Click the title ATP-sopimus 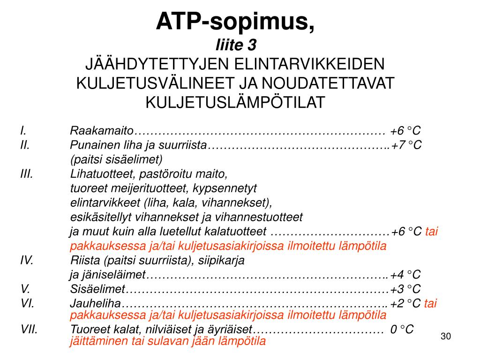(x=235, y=21)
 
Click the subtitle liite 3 (x=236, y=45)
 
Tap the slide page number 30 (x=445, y=337)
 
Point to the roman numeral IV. (x=27, y=260)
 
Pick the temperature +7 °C (x=406, y=145)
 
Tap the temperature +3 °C (x=405, y=289)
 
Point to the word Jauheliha (x=96, y=303)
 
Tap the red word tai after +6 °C (x=432, y=232)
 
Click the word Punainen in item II (x=91, y=145)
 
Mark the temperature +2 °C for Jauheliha (x=405, y=303)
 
